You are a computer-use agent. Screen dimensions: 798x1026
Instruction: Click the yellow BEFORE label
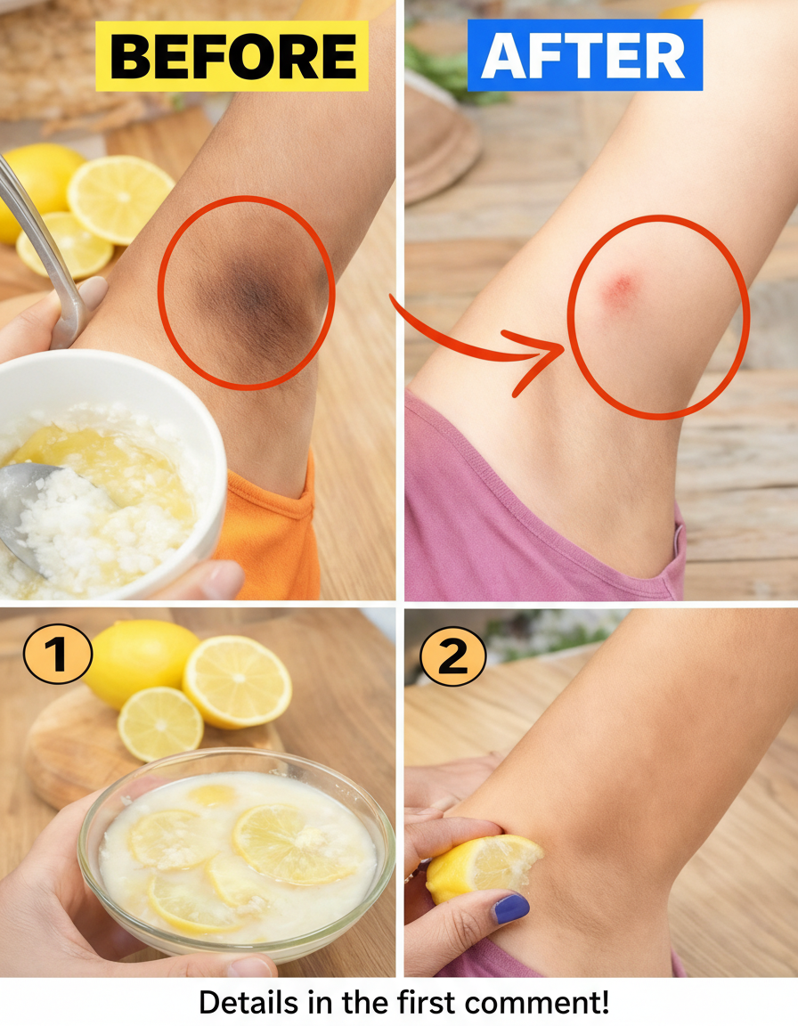coord(232,55)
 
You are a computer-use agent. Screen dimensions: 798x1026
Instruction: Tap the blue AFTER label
coord(585,55)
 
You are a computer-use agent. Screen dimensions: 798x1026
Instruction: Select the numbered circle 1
coord(58,654)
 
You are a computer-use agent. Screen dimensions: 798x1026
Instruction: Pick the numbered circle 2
coord(452,655)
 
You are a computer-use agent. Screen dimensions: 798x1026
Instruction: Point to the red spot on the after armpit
coord(618,289)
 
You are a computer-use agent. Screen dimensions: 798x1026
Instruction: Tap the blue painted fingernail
coord(511,908)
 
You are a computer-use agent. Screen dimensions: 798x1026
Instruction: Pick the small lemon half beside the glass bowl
coord(160,724)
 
